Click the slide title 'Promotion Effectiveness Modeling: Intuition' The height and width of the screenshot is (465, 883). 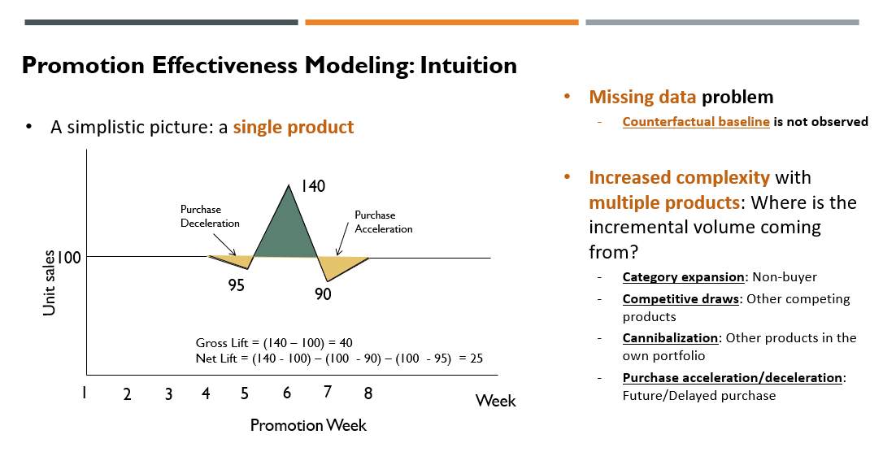pos(269,65)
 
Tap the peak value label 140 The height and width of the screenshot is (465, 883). pos(312,186)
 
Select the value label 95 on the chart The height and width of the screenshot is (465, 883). pos(236,285)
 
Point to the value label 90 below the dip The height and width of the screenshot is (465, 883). pos(323,294)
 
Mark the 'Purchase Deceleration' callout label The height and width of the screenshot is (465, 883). pos(210,216)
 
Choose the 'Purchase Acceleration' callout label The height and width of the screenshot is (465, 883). pos(383,222)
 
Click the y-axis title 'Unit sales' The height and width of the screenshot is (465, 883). pos(50,283)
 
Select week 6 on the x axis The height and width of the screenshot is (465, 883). pos(287,393)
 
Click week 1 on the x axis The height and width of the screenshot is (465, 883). pos(84,393)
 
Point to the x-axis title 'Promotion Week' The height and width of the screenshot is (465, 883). pos(308,425)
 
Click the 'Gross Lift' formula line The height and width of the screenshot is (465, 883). pos(273,343)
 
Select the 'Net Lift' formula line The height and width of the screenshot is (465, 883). pos(339,358)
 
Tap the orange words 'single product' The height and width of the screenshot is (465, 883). pos(294,127)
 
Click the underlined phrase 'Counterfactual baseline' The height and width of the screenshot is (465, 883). pos(696,122)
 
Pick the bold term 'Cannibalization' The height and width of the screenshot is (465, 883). pos(671,337)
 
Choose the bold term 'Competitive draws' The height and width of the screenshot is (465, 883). pos(681,298)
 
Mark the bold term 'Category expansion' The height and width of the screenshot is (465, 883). pos(683,277)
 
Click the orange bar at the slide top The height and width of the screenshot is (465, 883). pos(441,22)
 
